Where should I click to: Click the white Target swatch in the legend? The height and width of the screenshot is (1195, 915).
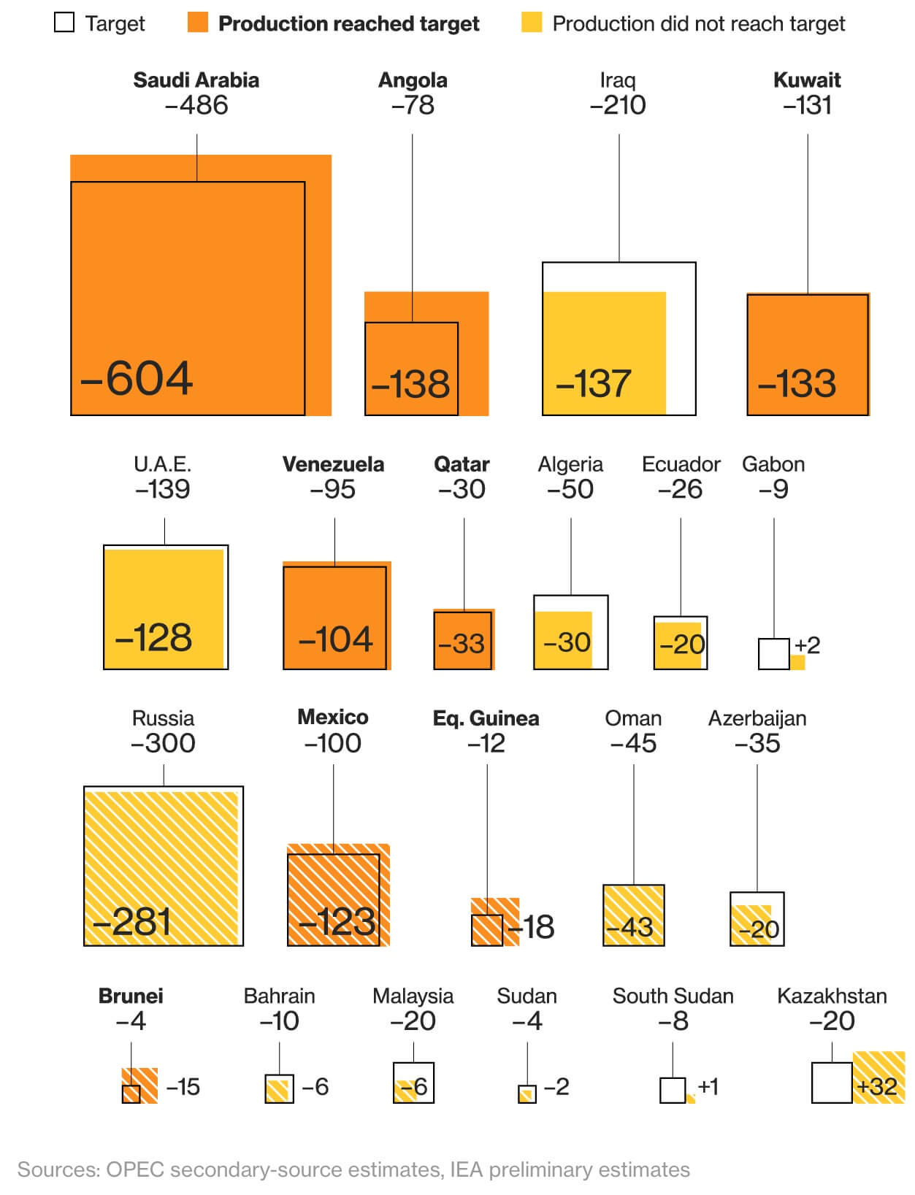(64, 23)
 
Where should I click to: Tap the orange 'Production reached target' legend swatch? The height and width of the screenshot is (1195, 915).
(198, 23)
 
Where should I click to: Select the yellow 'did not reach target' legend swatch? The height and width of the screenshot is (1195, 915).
(532, 23)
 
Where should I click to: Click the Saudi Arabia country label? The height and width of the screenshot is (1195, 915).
(196, 80)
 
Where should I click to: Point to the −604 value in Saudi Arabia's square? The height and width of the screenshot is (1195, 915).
(137, 378)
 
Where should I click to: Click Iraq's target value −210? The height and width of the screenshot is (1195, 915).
(618, 105)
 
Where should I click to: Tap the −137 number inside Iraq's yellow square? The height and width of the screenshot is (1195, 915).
(593, 384)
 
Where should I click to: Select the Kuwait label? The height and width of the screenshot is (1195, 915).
(807, 80)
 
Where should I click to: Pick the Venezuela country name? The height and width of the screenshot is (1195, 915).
(333, 464)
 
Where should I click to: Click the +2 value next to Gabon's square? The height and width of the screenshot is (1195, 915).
(807, 645)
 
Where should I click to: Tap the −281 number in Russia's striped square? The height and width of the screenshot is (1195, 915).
(131, 922)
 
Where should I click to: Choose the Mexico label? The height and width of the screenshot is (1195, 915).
(332, 718)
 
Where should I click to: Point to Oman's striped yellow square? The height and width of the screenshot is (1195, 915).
(633, 915)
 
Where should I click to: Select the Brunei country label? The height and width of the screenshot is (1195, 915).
(131, 996)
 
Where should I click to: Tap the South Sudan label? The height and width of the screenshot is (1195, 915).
(673, 996)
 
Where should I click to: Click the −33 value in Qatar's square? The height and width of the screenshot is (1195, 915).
(462, 643)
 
